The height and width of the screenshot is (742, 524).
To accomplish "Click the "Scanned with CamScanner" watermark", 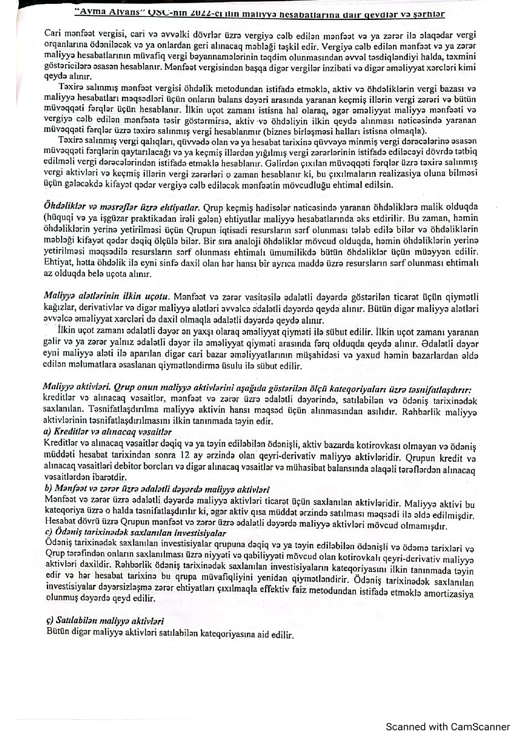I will pos(448,727).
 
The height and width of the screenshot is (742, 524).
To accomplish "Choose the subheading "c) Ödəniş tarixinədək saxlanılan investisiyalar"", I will pos(135,533).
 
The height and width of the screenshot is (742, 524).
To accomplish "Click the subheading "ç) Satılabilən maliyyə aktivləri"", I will pos(105,621).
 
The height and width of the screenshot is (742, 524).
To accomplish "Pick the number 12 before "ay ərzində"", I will pos(184,455).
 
